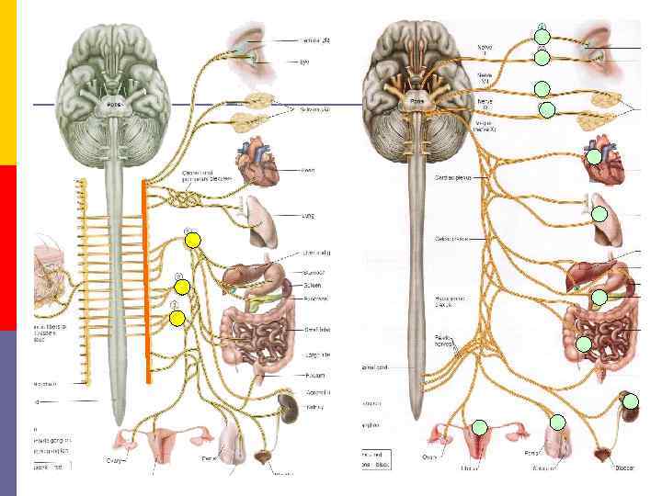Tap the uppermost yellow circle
pyautogui.click(x=192, y=241)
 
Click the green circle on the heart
pyautogui.click(x=595, y=156)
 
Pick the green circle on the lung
pyautogui.click(x=599, y=215)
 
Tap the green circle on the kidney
pyautogui.click(x=630, y=400)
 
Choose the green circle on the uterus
pyautogui.click(x=479, y=426)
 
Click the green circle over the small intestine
pyautogui.click(x=584, y=344)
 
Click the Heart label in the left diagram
pyautogui.click(x=308, y=170)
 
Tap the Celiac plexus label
pyautogui.click(x=451, y=239)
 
